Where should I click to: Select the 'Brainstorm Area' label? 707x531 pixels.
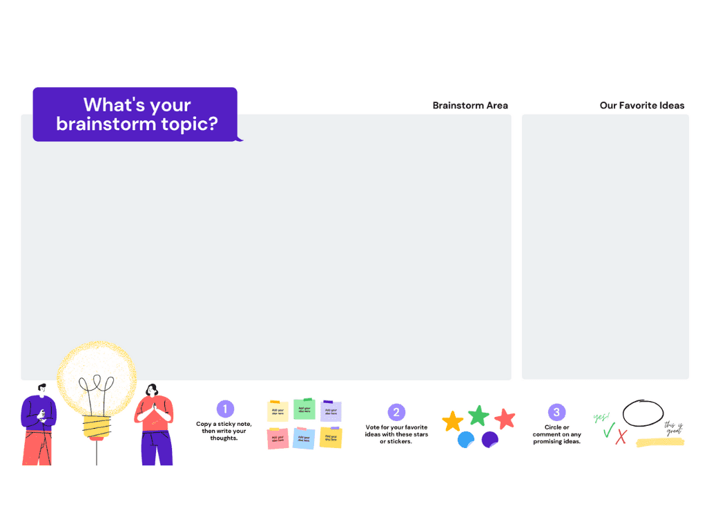(x=470, y=106)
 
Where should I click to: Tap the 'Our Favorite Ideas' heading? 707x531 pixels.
(x=642, y=106)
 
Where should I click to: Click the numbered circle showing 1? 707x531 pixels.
(x=224, y=409)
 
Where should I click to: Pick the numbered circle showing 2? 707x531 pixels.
(x=396, y=413)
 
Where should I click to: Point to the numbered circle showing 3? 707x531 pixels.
(x=556, y=413)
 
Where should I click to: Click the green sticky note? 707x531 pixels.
(x=304, y=409)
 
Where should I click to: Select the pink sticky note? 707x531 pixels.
(x=278, y=438)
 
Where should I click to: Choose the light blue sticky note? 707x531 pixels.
(x=304, y=438)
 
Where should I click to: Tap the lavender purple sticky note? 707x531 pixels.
(x=331, y=411)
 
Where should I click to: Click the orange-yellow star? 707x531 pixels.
(x=452, y=421)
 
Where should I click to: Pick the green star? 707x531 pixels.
(x=478, y=416)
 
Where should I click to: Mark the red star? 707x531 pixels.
(x=505, y=418)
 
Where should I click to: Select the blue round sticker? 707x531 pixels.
(x=466, y=439)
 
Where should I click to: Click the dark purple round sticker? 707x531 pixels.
(x=490, y=439)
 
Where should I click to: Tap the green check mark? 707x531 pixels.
(x=608, y=431)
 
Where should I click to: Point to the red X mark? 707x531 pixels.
(x=621, y=436)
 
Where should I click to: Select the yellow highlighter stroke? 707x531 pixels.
(x=660, y=442)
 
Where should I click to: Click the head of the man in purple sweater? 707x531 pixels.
(x=43, y=390)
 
